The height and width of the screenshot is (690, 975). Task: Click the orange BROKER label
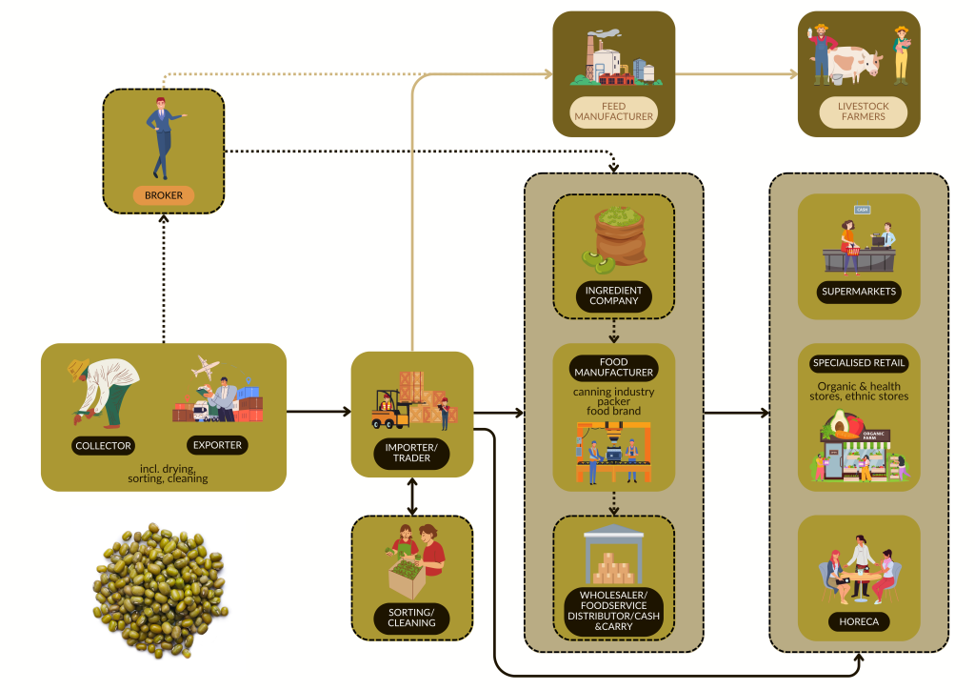[x=163, y=195]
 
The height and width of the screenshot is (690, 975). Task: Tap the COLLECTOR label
[x=104, y=445]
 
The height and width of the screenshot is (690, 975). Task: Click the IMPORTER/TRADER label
[x=411, y=452]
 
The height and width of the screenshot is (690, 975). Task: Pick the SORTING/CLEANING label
[x=411, y=618]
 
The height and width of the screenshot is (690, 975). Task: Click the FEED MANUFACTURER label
[x=613, y=112]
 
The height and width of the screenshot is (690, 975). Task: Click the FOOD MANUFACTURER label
[x=613, y=367]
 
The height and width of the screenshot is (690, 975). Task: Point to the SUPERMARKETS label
[x=859, y=291]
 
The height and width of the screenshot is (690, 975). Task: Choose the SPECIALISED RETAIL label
[x=859, y=363]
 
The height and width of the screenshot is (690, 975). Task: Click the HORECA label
[x=859, y=622]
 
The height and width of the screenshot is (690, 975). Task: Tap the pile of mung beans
[x=159, y=588]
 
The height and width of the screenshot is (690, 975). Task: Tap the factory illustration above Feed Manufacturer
[x=613, y=59]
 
